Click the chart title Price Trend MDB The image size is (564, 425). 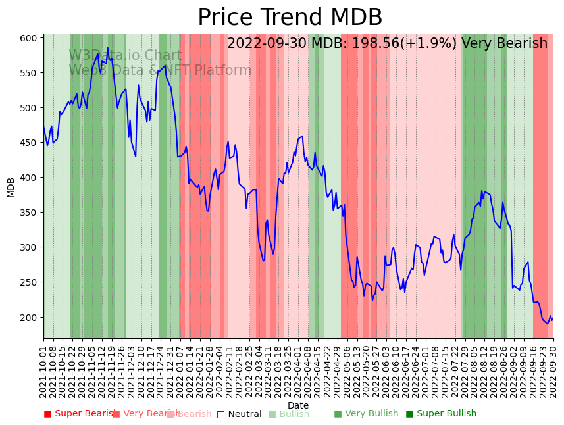[x=290, y=18]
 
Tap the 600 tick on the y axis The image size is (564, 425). [x=28, y=38]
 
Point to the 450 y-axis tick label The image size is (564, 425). [x=28, y=143]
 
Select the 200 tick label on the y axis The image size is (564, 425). [x=28, y=317]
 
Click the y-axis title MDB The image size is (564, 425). [x=11, y=187]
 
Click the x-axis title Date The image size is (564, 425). [x=298, y=405]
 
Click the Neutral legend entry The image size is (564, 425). [x=240, y=414]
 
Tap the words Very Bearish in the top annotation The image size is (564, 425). [x=504, y=44]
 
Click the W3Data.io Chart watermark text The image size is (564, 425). [x=125, y=56]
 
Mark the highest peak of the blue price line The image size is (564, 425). [x=108, y=47]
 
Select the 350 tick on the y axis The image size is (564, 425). [x=28, y=213]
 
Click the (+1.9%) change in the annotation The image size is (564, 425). [x=428, y=44]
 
